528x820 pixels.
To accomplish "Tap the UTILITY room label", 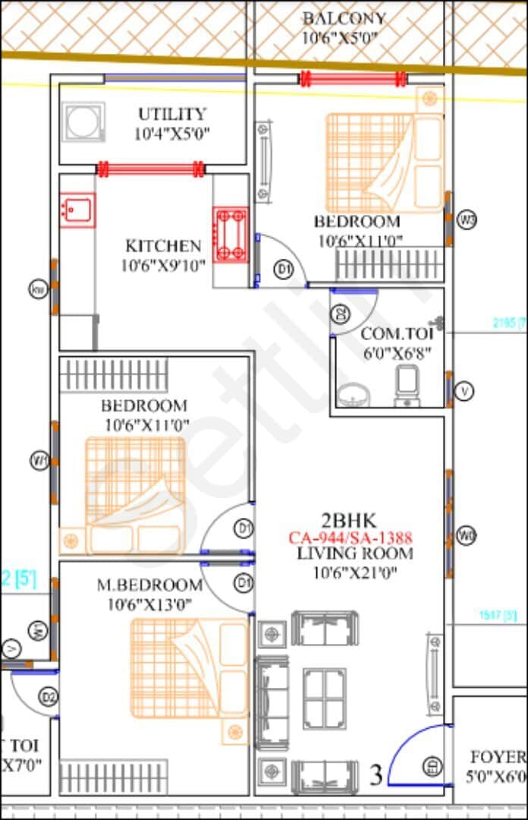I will point(171,114).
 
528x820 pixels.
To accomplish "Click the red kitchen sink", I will point(77,209).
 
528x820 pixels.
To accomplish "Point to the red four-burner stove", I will point(230,235).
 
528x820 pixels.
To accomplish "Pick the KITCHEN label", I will point(163,246).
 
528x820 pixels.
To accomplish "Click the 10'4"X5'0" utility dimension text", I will point(171,134).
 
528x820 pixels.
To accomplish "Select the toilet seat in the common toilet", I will point(406,384).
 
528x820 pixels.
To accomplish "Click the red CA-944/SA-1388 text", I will point(350,538).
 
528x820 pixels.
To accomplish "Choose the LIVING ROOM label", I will point(355,553).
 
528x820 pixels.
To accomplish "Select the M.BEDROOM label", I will point(149,585).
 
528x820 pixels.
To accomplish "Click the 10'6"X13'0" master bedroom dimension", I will point(149,604).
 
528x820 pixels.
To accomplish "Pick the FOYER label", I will point(498,757).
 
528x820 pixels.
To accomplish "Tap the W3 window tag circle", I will point(468,220).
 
